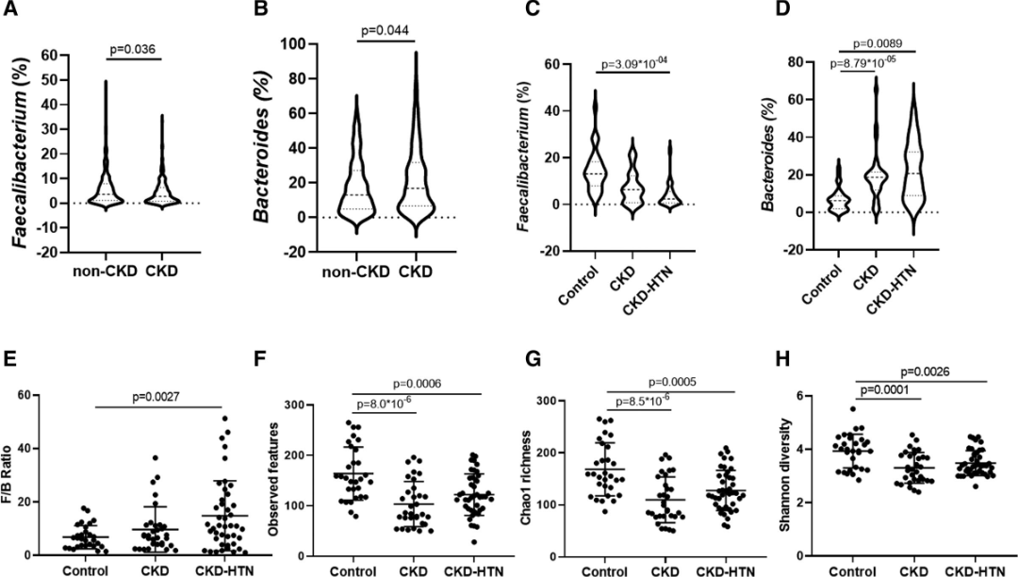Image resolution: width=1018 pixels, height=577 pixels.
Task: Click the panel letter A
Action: [x=11, y=11]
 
